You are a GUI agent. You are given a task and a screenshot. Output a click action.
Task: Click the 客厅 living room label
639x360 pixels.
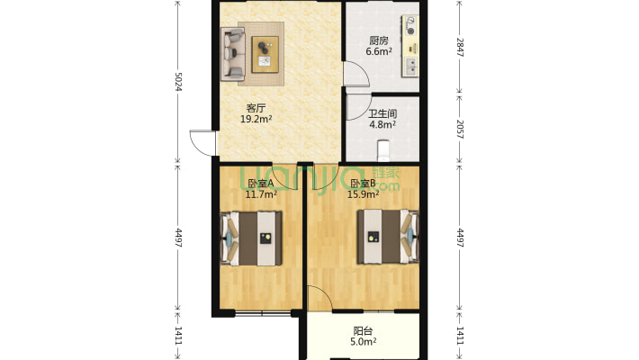click(256, 108)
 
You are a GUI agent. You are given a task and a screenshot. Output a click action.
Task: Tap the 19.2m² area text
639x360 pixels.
click(256, 119)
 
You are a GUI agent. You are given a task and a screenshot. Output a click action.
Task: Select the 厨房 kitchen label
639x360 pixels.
click(379, 40)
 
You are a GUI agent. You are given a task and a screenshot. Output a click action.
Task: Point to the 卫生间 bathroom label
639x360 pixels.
click(382, 114)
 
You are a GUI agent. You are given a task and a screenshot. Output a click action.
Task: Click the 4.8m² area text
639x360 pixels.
click(382, 125)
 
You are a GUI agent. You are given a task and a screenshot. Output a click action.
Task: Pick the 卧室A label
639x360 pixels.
click(261, 184)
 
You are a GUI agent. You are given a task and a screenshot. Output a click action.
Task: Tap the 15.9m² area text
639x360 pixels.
click(363, 194)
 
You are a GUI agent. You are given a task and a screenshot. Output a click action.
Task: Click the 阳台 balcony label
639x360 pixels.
click(363, 331)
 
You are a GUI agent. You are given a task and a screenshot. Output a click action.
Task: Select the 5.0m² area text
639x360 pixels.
click(363, 342)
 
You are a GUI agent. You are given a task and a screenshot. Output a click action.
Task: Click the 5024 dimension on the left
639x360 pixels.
click(178, 82)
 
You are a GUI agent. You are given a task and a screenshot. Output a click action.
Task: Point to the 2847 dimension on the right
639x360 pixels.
click(460, 48)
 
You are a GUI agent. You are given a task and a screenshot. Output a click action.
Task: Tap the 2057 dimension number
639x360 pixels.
click(460, 130)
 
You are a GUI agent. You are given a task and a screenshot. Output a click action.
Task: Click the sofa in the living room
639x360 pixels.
click(233, 54)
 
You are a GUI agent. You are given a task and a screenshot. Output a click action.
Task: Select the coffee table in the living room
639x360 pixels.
click(265, 54)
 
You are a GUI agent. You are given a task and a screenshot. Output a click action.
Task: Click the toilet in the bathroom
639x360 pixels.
click(383, 151)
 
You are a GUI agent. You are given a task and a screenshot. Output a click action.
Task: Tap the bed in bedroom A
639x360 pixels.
click(251, 238)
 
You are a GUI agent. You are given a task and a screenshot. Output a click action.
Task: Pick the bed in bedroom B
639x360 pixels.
click(389, 237)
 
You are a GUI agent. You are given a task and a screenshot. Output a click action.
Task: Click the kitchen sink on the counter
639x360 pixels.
click(410, 67)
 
